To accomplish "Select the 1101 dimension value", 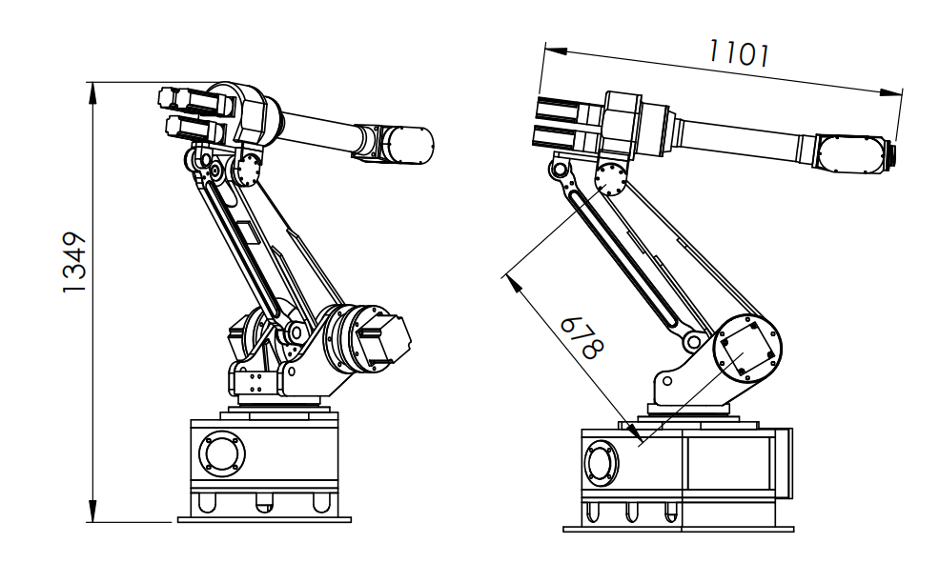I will click(738, 54).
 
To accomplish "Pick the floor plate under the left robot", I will click(264, 519).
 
